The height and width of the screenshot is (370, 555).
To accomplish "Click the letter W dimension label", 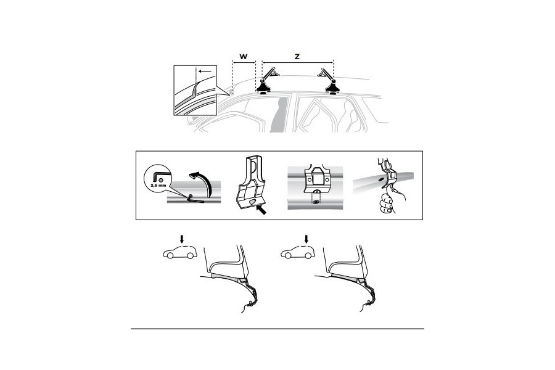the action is (244, 56).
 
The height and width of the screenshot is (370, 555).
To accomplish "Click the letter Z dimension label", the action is (297, 56).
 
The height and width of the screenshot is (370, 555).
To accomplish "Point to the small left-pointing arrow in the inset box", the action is (205, 71).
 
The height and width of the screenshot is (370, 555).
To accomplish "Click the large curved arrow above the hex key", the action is (203, 183).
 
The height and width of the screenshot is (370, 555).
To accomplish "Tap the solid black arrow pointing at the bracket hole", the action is (261, 210).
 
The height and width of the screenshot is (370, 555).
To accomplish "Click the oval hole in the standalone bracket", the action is (252, 202).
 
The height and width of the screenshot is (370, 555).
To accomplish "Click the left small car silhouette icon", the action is (180, 252).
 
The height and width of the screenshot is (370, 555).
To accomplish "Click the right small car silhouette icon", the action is (298, 252).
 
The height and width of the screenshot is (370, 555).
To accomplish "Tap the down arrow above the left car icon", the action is (182, 239).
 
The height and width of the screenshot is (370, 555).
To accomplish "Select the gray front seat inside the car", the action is (279, 115).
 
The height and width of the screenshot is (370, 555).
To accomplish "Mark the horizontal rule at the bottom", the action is (277, 329).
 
